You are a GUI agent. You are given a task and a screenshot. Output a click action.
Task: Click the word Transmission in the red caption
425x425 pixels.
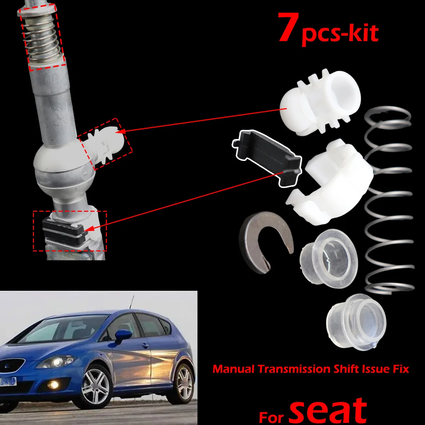[x=294, y=369]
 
